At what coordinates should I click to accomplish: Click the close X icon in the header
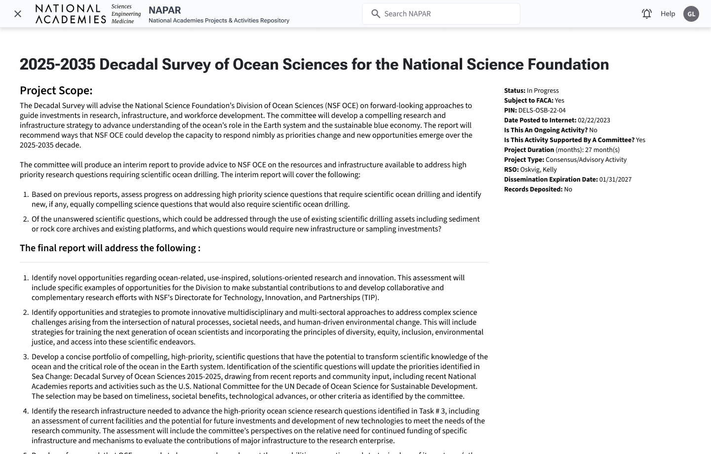point(18,14)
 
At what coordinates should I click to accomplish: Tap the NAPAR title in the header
point(165,10)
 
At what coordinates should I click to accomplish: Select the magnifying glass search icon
point(376,14)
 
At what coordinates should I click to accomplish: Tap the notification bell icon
point(647,14)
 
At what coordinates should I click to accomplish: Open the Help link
point(668,14)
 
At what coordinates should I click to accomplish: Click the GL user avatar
point(691,14)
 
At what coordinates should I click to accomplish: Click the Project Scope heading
point(56,91)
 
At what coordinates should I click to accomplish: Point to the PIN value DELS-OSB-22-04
point(542,111)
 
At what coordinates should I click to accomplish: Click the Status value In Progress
point(543,91)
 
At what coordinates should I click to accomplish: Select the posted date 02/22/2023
point(593,120)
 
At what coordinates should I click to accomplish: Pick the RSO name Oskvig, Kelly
point(538,170)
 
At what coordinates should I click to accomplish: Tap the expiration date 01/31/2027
point(615,180)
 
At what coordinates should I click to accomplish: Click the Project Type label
point(524,160)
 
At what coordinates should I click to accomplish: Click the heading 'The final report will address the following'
point(110,248)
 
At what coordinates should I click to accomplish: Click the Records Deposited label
point(533,189)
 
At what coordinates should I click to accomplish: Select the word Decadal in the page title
point(129,64)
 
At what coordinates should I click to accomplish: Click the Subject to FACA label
point(528,101)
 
